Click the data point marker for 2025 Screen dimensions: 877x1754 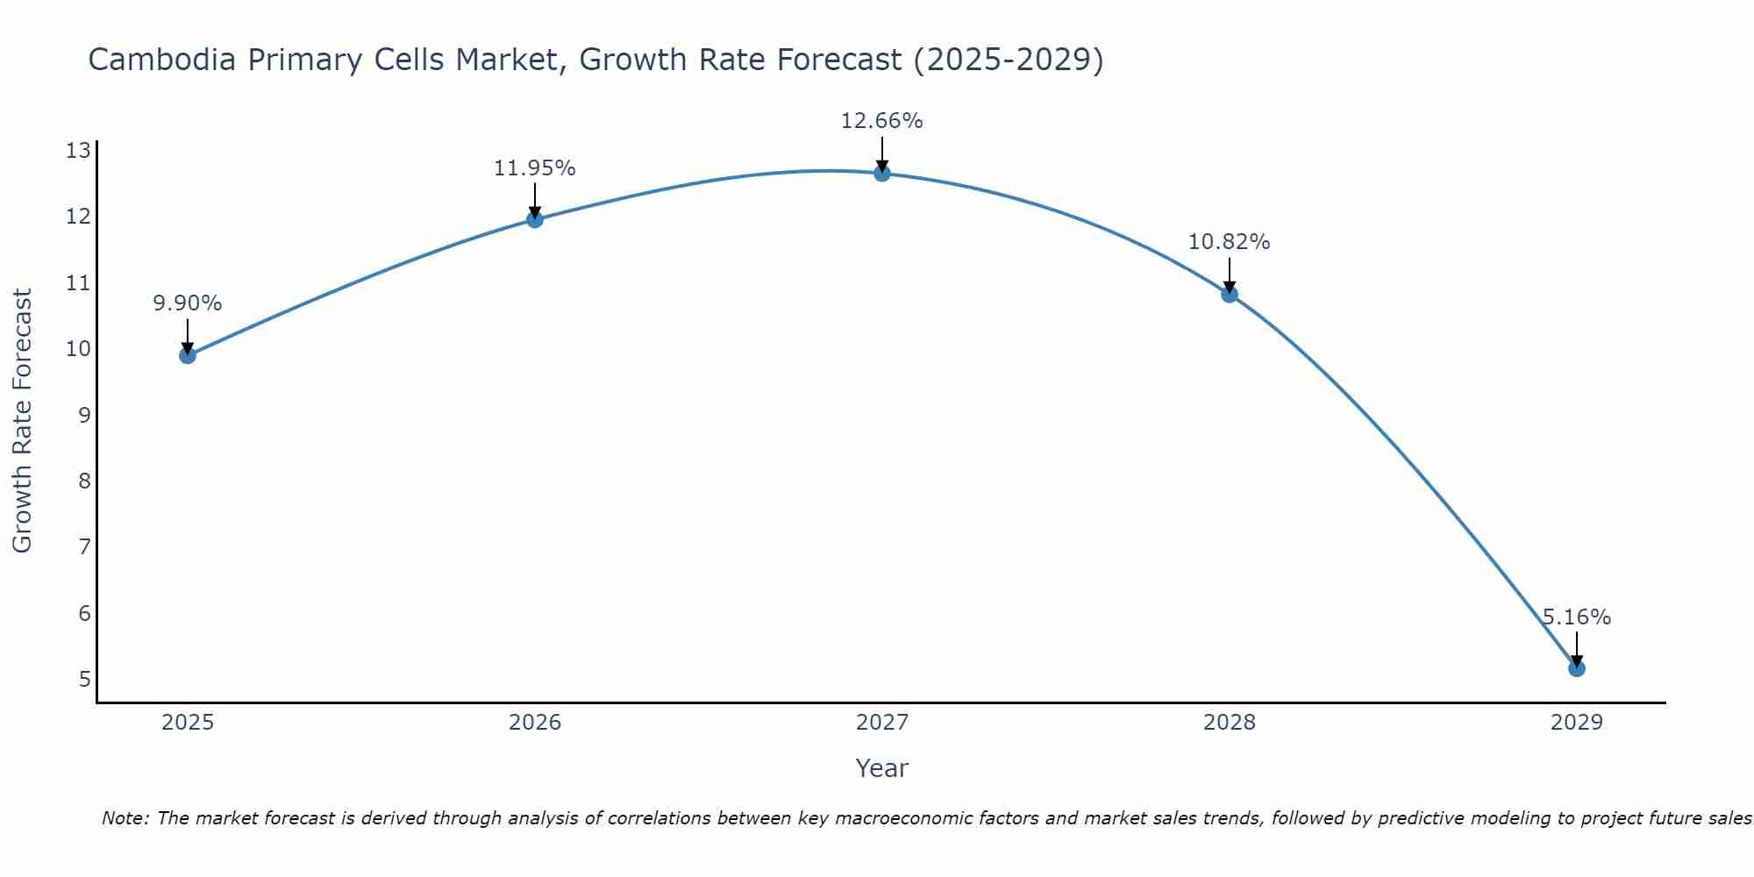[188, 355]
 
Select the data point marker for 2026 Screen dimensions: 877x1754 [535, 219]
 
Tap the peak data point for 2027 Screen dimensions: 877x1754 [882, 173]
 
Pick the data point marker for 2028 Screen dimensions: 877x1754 [1230, 294]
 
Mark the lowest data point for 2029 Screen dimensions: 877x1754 [1577, 668]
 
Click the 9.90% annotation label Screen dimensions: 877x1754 [188, 303]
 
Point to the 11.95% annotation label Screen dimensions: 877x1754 [535, 168]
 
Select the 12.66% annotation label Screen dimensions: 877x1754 [882, 121]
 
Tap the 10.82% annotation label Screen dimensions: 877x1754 [1230, 242]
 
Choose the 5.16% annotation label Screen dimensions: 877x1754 [1577, 617]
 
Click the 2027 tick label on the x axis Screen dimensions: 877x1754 [882, 723]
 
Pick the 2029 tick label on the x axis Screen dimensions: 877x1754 [1577, 723]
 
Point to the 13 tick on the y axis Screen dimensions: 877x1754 [79, 151]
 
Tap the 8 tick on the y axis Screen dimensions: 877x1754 [84, 481]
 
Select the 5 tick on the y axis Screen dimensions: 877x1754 [84, 679]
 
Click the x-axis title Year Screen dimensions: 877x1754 [882, 768]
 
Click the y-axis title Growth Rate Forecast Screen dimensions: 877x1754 [23, 421]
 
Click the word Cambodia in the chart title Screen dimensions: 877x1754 [162, 60]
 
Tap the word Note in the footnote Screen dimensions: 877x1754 [125, 818]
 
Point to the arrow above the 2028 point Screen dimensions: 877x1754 [1230, 274]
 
